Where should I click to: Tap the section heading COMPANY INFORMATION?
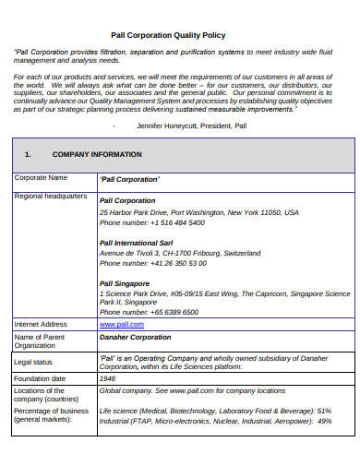tap(97, 154)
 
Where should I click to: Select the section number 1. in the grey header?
tap(28, 154)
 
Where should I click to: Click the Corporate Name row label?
tap(41, 177)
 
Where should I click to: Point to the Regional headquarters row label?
tap(51, 197)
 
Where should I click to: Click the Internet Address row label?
tap(41, 325)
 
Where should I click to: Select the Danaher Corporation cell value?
tap(135, 338)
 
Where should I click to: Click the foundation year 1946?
tap(107, 378)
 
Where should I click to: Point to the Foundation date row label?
tap(40, 378)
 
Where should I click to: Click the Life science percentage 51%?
tap(324, 410)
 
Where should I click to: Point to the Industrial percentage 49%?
tap(324, 420)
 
